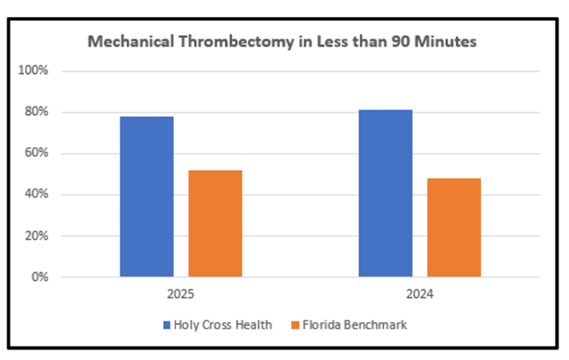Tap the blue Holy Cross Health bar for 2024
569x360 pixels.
(x=385, y=193)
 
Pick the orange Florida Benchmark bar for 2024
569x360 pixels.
(x=454, y=228)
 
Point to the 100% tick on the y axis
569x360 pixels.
(x=34, y=71)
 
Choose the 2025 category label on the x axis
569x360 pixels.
(x=181, y=296)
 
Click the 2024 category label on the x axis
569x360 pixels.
(x=420, y=296)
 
